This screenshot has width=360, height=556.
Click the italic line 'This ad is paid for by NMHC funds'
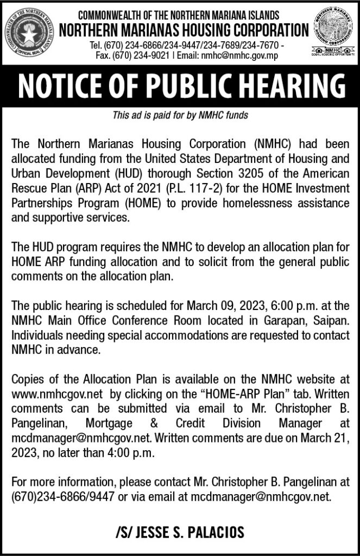click(x=180, y=115)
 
